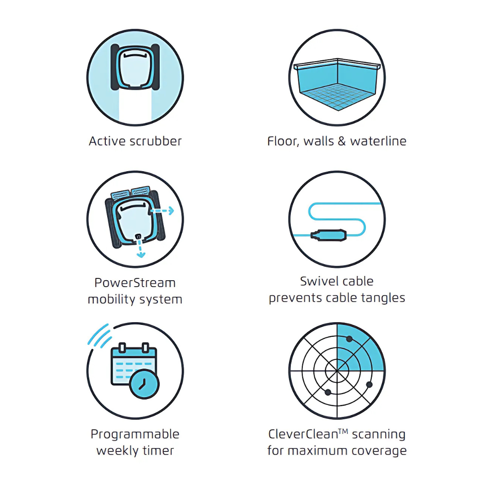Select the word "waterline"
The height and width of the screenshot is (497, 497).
tap(378, 141)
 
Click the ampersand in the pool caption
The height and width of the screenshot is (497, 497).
tap(341, 141)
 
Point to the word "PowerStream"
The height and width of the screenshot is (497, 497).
tap(135, 283)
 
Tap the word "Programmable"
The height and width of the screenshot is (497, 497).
tap(135, 434)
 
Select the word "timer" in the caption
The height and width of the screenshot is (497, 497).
tap(158, 451)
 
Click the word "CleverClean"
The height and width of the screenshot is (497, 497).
tap(303, 434)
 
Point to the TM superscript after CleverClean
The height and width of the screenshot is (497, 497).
tap(343, 431)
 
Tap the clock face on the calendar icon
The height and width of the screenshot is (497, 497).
tap(144, 384)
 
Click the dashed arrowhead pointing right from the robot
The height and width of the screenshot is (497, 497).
tap(171, 210)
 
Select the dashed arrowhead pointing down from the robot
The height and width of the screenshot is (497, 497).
tap(141, 254)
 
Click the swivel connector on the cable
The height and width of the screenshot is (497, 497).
tap(329, 235)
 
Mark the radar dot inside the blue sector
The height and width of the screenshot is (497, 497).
tap(349, 339)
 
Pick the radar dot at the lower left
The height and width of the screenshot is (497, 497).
tap(328, 393)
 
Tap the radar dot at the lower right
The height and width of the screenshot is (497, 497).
tap(369, 384)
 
